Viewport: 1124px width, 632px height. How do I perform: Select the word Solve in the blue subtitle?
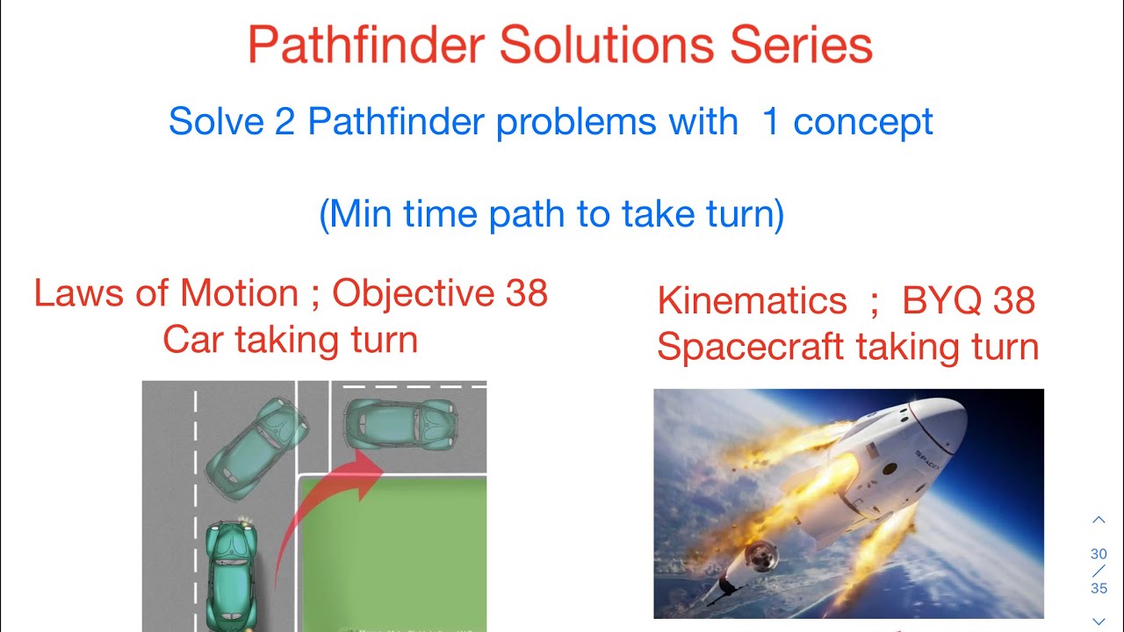[215, 121]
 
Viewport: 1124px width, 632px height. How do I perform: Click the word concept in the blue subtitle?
[862, 121]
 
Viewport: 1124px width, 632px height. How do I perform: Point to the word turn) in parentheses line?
[743, 214]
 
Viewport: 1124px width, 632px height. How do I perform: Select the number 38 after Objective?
[526, 293]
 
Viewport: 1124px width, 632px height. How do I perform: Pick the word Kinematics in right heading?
[752, 301]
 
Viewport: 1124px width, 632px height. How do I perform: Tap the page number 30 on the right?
[1099, 554]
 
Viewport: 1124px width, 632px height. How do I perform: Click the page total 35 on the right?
[1099, 588]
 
